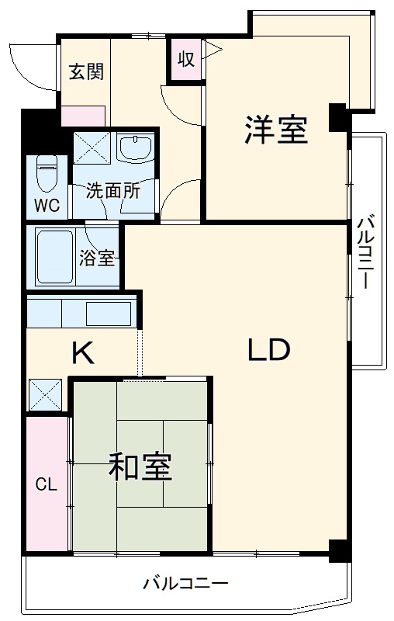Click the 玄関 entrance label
[85, 71]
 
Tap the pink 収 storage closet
[186, 60]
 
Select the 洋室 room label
[276, 130]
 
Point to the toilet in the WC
[48, 175]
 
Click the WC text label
[45, 206]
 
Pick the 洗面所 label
[113, 191]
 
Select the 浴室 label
[98, 258]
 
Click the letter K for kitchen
[83, 354]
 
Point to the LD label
[268, 350]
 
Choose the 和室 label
[140, 468]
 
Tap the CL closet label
[46, 485]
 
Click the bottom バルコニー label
[185, 583]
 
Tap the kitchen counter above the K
[82, 314]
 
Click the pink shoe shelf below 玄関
[83, 116]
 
